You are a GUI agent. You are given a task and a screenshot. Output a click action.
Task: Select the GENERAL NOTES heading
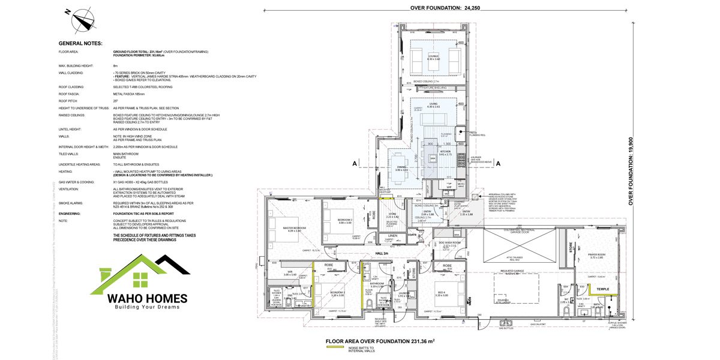coord(80,44)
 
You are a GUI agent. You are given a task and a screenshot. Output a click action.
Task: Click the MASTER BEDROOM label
coord(281,229)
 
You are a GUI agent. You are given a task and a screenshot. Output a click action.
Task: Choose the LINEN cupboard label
coord(392,236)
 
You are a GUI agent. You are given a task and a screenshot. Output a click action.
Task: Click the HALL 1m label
coord(383,254)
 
